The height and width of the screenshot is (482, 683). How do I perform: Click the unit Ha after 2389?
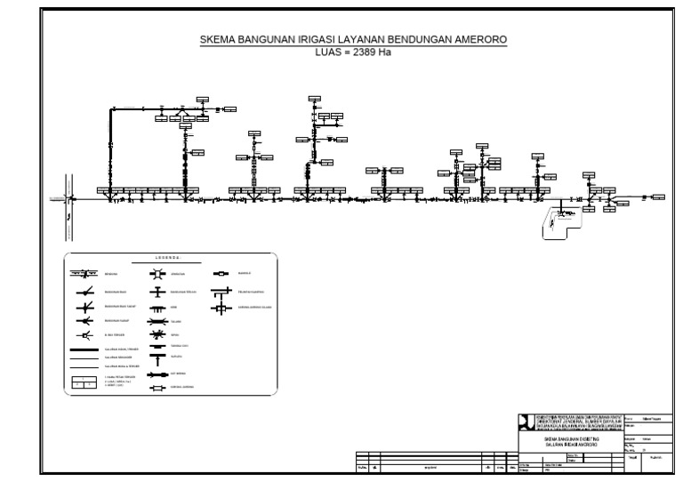[384, 52]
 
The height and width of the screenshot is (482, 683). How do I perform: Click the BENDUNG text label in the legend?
[111, 276]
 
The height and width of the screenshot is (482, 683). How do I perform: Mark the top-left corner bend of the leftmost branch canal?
[111, 109]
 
